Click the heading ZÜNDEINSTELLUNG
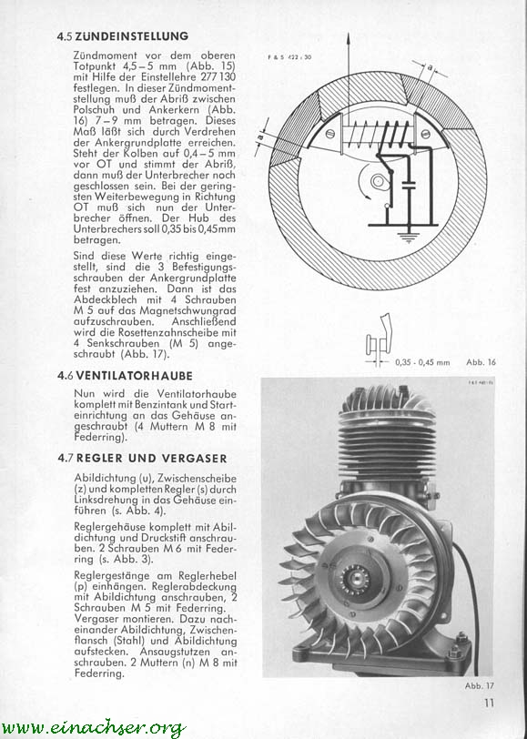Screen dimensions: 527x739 [x=131, y=36]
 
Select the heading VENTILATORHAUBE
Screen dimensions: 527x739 [x=135, y=376]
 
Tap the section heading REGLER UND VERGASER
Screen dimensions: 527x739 [x=152, y=458]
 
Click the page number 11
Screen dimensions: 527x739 [x=489, y=703]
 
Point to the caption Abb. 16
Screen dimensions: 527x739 [x=481, y=362]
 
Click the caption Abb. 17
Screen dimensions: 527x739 [x=480, y=685]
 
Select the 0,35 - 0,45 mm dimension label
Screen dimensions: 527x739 [x=422, y=363]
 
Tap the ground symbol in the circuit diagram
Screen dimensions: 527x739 [x=409, y=236]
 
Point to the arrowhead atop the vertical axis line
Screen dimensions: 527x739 [x=349, y=37]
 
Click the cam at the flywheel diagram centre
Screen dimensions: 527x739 [x=379, y=181]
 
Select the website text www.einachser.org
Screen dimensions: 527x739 [x=94, y=727]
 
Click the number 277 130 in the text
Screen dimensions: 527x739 [x=218, y=76]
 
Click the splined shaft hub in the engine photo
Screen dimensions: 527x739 [x=351, y=575]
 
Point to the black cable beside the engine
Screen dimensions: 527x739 [x=471, y=608]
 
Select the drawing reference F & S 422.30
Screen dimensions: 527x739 [x=289, y=57]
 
